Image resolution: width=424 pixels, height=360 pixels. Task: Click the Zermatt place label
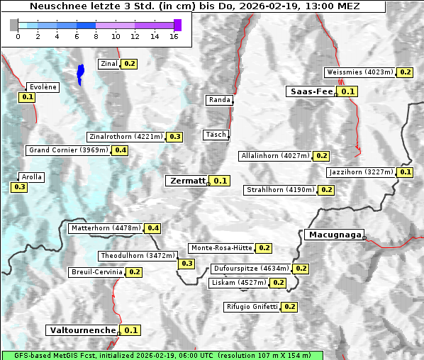pyautogui.click(x=187, y=181)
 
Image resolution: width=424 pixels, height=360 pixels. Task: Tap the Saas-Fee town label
pyautogui.click(x=311, y=91)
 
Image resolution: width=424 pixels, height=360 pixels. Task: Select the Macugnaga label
pyautogui.click(x=334, y=235)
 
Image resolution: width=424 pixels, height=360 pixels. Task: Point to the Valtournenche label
pyautogui.click(x=82, y=330)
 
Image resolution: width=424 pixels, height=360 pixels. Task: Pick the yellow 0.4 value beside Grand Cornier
pyautogui.click(x=120, y=150)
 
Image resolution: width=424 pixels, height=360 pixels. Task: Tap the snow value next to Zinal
pyautogui.click(x=129, y=64)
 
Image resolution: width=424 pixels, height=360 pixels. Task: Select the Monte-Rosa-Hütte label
pyautogui.click(x=221, y=248)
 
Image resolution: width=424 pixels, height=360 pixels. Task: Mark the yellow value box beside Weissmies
pyautogui.click(x=405, y=72)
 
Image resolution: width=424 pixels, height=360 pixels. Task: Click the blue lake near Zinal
pyautogui.click(x=80, y=73)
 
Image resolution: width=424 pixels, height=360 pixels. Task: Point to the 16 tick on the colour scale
pyautogui.click(x=174, y=36)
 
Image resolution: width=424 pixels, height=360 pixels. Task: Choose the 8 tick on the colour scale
pyautogui.click(x=96, y=36)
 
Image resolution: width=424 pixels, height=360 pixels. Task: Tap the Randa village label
pyautogui.click(x=219, y=100)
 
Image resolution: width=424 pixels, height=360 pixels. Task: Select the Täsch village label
pyautogui.click(x=215, y=135)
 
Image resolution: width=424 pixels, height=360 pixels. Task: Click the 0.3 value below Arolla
pyautogui.click(x=19, y=187)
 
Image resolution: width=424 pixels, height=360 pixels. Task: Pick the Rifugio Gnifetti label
pyautogui.click(x=252, y=307)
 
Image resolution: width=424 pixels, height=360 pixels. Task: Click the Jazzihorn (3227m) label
pyautogui.click(x=361, y=172)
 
